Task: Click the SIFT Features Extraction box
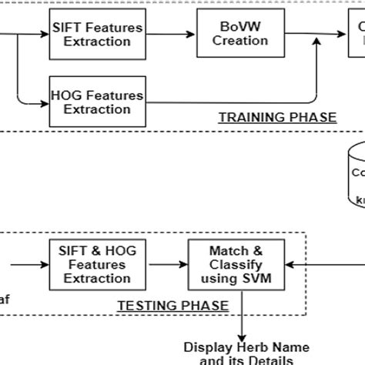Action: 97,35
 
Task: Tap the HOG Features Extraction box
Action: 97,102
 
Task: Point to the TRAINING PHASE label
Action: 278,117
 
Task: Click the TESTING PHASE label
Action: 172,306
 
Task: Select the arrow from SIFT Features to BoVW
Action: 169,35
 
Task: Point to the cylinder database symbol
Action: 356,173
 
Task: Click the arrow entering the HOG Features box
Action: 39,102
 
